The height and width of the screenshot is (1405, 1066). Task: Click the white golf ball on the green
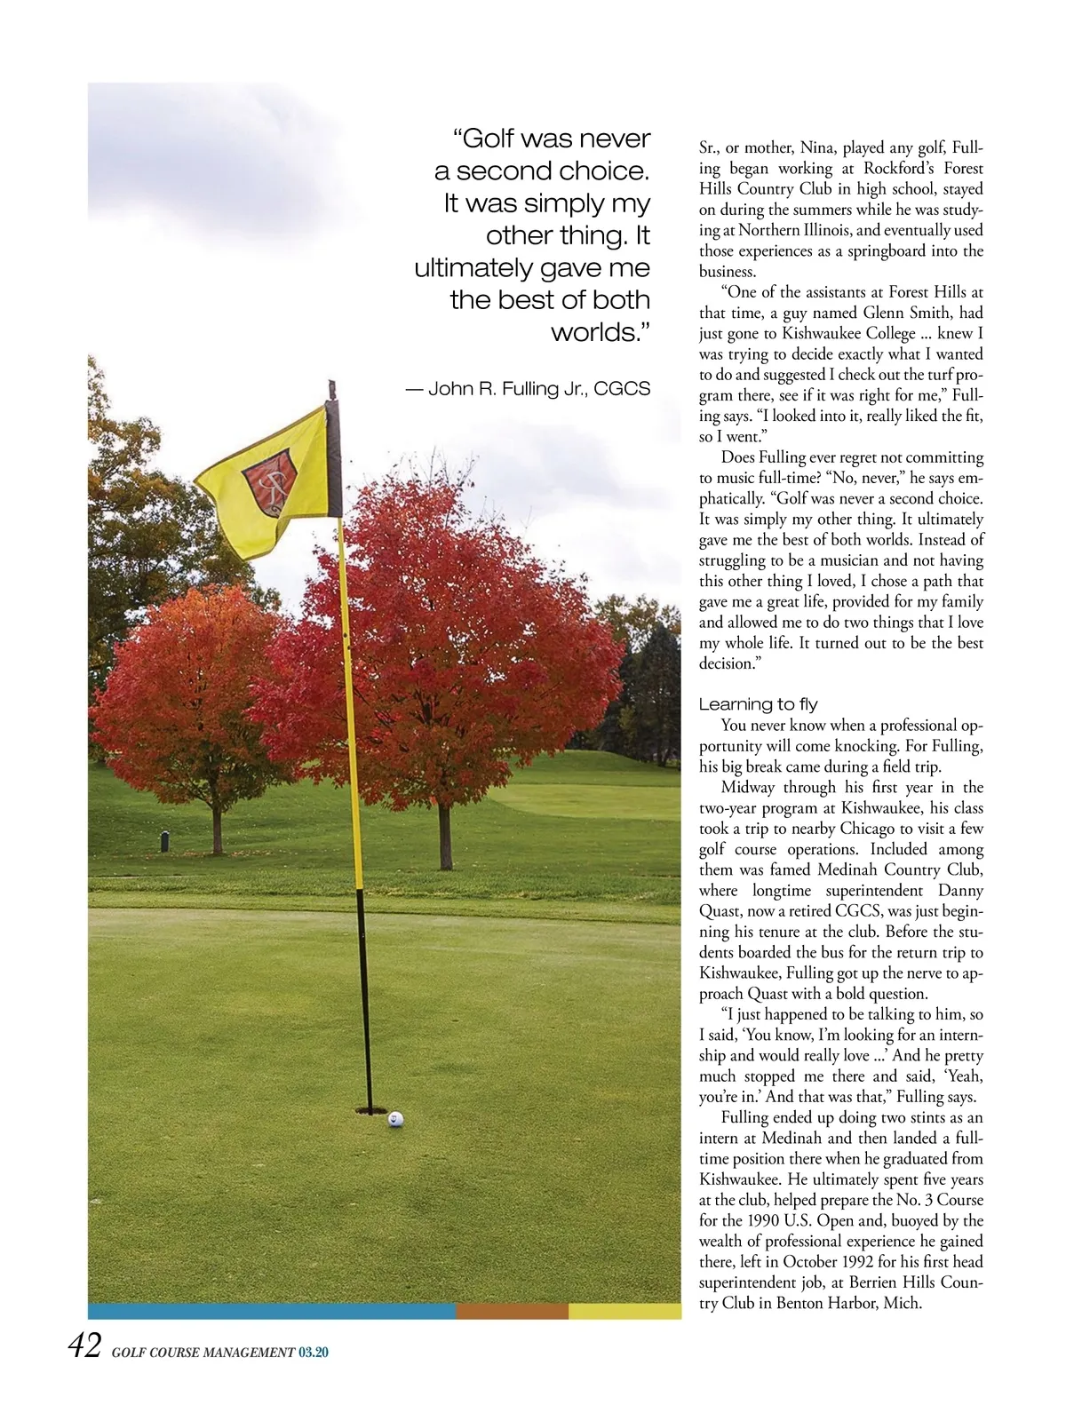[x=396, y=1118]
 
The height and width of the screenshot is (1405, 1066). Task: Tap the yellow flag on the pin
[x=266, y=484]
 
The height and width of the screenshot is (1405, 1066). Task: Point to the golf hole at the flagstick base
[x=371, y=1111]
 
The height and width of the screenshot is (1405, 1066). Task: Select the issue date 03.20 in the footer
[x=314, y=1353]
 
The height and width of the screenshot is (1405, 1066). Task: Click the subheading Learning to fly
[x=758, y=704]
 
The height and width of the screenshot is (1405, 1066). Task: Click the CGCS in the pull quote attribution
[x=622, y=388]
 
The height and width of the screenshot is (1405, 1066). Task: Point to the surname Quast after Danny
[x=722, y=911]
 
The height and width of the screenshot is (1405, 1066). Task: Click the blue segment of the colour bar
[x=271, y=1311]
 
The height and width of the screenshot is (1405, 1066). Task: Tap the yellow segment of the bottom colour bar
[x=624, y=1311]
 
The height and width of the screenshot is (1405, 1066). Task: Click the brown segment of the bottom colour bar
[x=512, y=1311]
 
